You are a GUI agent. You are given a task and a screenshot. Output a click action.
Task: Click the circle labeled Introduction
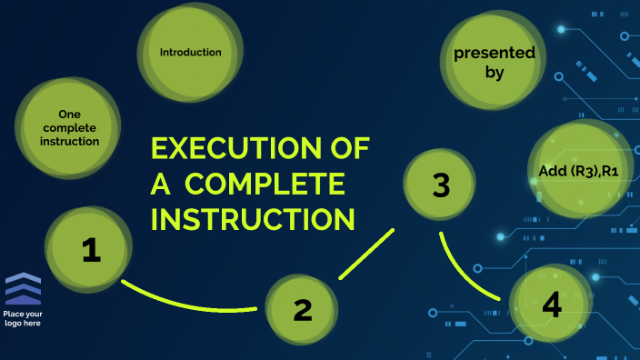[190, 53]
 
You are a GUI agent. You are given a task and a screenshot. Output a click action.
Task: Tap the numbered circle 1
[90, 250]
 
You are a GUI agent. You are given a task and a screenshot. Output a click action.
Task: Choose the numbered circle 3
[440, 185]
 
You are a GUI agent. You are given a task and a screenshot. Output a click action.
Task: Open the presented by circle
[494, 64]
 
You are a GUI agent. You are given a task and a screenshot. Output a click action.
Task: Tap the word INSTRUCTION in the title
[252, 219]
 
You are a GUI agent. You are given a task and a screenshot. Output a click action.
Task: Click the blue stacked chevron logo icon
[23, 289]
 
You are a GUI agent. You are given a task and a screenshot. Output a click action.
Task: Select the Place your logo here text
[23, 318]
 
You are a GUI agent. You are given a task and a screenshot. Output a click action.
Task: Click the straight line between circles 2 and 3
[366, 254]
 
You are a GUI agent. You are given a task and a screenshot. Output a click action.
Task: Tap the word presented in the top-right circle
[495, 54]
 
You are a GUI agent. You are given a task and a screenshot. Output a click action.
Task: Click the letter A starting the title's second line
[160, 185]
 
